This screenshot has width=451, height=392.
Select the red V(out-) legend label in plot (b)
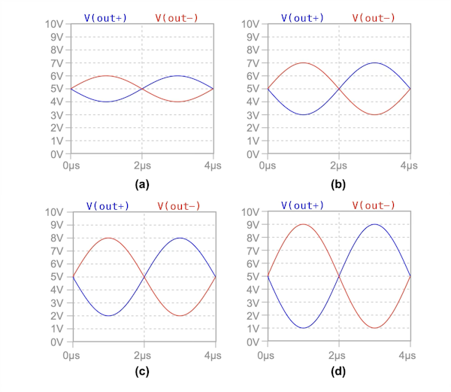tap(377, 17)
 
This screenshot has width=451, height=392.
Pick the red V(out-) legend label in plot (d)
tap(377, 205)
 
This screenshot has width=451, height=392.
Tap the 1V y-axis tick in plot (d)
tap(254, 329)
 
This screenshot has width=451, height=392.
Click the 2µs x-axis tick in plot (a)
tap(143, 164)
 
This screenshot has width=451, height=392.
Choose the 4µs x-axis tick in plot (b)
tap(410, 164)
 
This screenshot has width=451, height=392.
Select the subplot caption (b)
tap(338, 184)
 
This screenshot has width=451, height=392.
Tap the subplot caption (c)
tap(143, 372)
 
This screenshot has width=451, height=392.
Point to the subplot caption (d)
tap(338, 372)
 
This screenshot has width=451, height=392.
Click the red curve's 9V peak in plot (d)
tap(304, 224)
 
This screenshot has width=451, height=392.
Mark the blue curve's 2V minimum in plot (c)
tap(107, 316)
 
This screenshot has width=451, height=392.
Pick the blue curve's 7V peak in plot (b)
tap(374, 62)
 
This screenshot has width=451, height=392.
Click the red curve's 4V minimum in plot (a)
tap(178, 102)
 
